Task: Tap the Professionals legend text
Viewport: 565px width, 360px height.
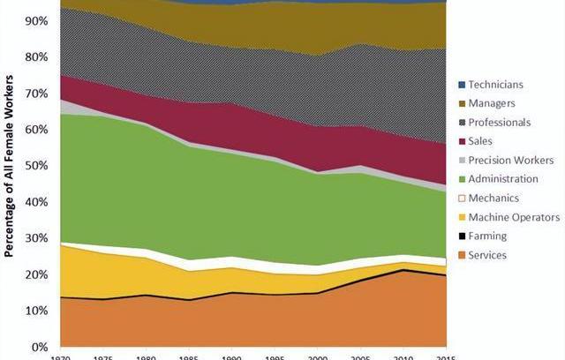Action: click(500, 122)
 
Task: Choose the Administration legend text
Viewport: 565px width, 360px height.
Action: click(505, 179)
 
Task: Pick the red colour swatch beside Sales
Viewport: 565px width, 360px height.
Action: click(462, 141)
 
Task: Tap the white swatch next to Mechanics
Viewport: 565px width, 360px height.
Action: click(462, 199)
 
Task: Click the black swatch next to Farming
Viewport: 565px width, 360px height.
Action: click(462, 236)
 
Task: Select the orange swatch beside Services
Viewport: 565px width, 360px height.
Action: click(462, 255)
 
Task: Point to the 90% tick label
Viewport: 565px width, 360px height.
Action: click(36, 20)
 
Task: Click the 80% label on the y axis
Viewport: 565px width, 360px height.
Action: click(36, 57)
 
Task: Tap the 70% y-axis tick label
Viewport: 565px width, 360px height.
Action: click(36, 94)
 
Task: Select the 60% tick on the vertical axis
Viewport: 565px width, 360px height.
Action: click(36, 130)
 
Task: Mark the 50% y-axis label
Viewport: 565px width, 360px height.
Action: click(36, 166)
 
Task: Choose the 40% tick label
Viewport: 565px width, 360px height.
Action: click(36, 202)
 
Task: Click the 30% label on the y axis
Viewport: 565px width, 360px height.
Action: click(36, 238)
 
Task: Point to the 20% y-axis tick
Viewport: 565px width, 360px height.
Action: click(36, 274)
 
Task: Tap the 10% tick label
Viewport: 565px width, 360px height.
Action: click(36, 311)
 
